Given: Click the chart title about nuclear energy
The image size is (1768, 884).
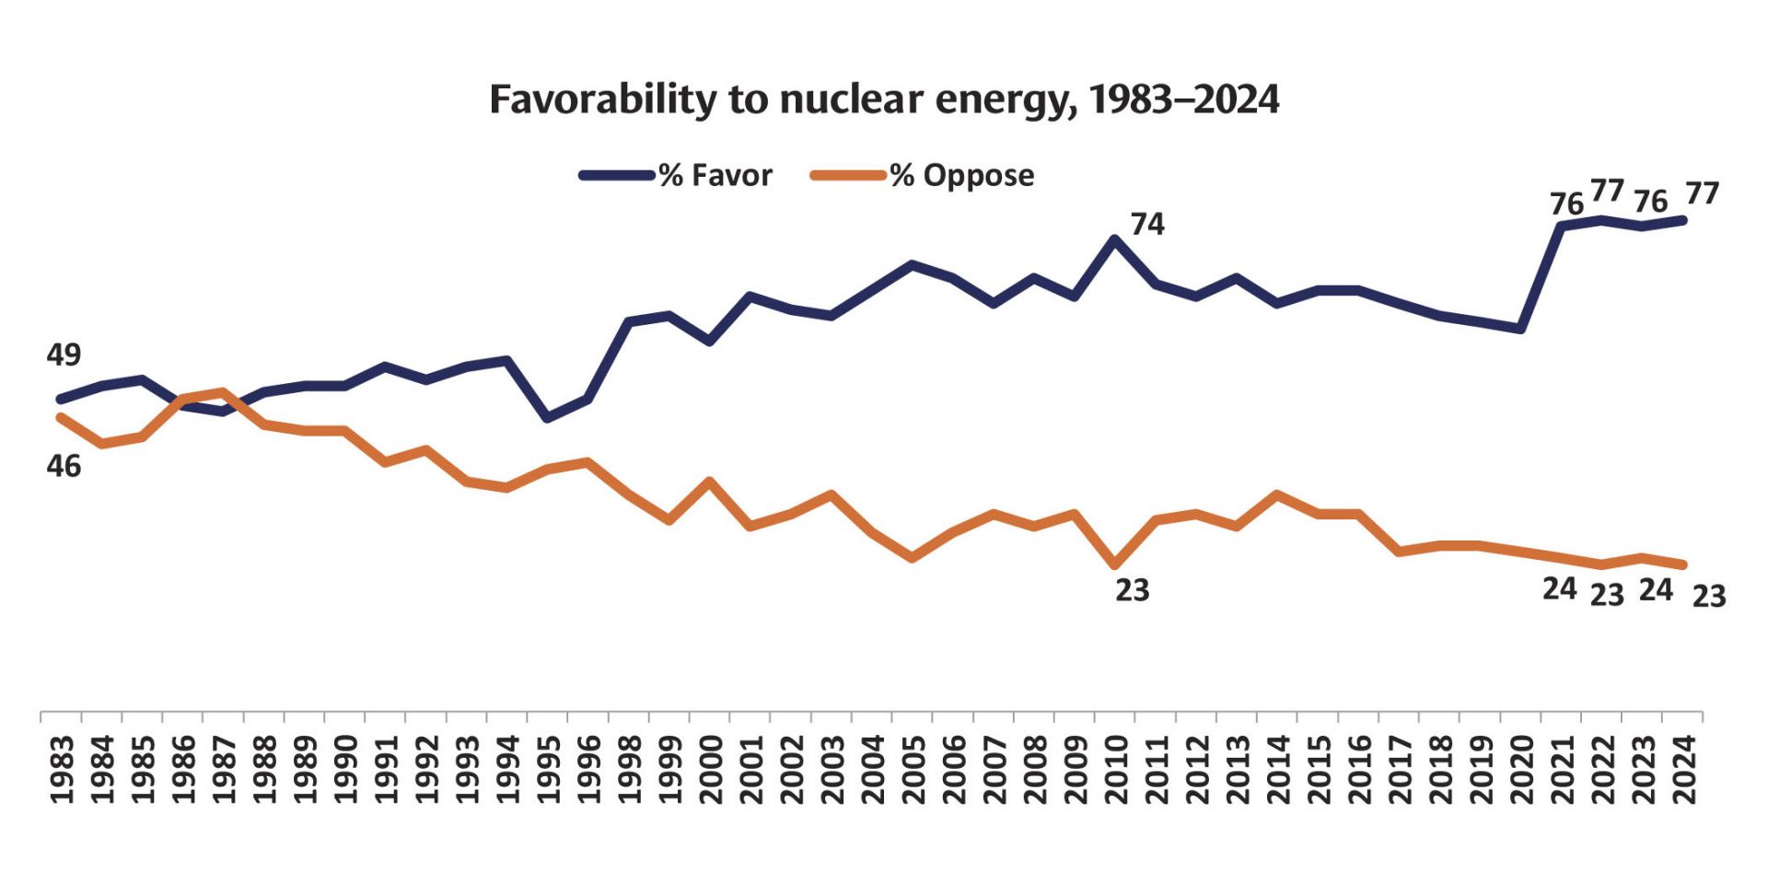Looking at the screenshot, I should pos(883,99).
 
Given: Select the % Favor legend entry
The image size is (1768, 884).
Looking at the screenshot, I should pos(677,175).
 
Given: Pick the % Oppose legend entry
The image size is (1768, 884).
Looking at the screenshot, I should pos(923,175).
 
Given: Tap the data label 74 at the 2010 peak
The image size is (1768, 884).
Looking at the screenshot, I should pos(1147,224).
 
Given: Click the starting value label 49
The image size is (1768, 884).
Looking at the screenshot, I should pos(64,355).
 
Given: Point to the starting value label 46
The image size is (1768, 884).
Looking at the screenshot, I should pos(64,466).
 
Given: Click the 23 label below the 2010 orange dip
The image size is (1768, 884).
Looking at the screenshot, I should pos(1132,590).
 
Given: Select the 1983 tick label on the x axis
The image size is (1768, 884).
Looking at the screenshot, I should pos(62,770).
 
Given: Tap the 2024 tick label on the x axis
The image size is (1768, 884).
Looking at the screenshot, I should pos(1684,770).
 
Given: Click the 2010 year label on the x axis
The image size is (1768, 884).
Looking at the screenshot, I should pos(1116,770).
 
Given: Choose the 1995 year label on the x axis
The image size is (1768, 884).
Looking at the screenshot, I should pos(549,770).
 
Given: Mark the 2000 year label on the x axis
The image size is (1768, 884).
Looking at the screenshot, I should pos(710,770).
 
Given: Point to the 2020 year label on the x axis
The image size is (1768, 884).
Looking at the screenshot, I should pos(1522,770).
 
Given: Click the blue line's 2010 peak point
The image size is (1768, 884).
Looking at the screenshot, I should pos(1115,239).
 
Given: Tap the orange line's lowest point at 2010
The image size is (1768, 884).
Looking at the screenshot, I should pos(1115,564).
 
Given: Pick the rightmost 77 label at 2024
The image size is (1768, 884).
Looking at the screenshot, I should pos(1703,193).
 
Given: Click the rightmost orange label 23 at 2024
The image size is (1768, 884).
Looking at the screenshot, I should pos(1709,597).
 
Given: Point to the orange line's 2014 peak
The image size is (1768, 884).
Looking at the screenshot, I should pos(1277,494).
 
